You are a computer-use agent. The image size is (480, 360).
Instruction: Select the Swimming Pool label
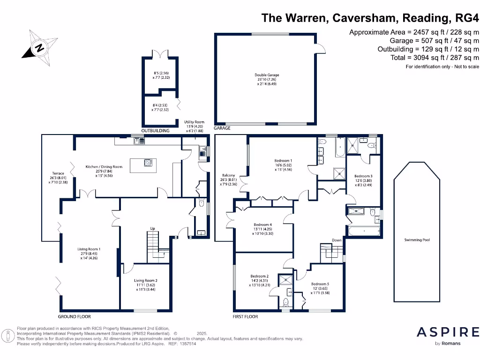(x=417, y=240)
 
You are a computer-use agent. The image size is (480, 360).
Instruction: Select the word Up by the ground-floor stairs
(x=152, y=229)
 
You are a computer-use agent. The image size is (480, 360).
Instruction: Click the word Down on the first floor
(x=337, y=240)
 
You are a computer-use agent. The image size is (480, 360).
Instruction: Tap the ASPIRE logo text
(x=448, y=332)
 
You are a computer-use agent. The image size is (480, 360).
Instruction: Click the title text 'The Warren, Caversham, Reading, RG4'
(x=370, y=18)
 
